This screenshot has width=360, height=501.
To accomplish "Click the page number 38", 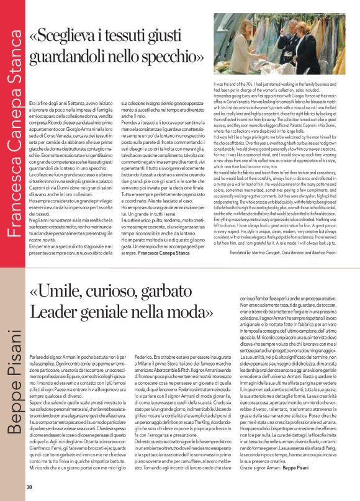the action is coord(29,486).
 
